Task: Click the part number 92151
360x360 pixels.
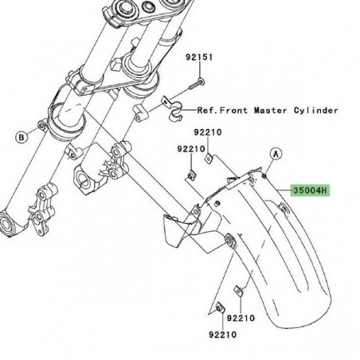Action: pyautogui.click(x=199, y=57)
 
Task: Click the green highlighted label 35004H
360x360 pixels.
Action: pyautogui.click(x=310, y=190)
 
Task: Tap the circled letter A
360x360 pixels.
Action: pyautogui.click(x=276, y=154)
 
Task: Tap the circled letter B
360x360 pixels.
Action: pyautogui.click(x=22, y=137)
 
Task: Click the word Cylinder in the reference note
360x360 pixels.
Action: pyautogui.click(x=316, y=111)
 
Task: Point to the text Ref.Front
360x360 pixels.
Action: pyautogui.click(x=222, y=110)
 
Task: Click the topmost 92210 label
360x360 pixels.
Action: pyautogui.click(x=208, y=132)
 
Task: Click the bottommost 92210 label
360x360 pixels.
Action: pyautogui.click(x=222, y=335)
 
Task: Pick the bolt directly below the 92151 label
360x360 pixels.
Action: pyautogui.click(x=197, y=84)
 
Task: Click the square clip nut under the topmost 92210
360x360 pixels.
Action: pyautogui.click(x=209, y=158)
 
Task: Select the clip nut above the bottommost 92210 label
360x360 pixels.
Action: pyautogui.click(x=221, y=308)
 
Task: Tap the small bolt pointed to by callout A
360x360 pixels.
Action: pyautogui.click(x=264, y=176)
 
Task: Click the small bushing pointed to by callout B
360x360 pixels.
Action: pyautogui.click(x=42, y=125)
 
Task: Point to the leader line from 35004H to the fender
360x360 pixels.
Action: pyautogui.click(x=284, y=190)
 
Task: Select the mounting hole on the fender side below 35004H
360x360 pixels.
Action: pyautogui.click(x=284, y=207)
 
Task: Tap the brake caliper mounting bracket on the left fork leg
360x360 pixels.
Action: pyautogui.click(x=42, y=209)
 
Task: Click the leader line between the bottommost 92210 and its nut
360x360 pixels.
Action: pyautogui.click(x=222, y=322)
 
